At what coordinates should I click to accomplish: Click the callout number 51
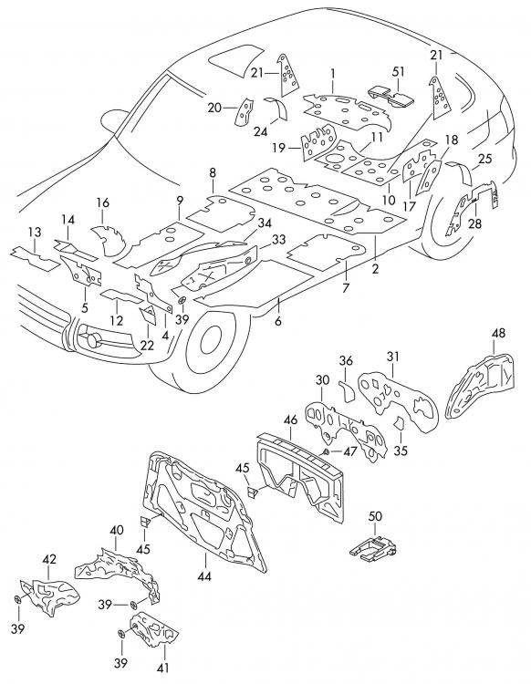pyautogui.click(x=399, y=71)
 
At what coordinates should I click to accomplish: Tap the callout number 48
pyautogui.click(x=498, y=333)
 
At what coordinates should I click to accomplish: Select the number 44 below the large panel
pyautogui.click(x=203, y=576)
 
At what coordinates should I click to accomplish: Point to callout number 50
pyautogui.click(x=375, y=516)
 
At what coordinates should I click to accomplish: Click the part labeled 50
pyautogui.click(x=373, y=546)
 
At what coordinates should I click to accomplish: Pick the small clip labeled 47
pyautogui.click(x=326, y=451)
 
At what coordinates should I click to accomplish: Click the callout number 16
pyautogui.click(x=102, y=202)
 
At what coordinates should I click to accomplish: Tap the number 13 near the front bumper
pyautogui.click(x=35, y=232)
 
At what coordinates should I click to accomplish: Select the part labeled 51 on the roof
pyautogui.click(x=391, y=97)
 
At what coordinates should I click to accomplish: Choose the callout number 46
pyautogui.click(x=290, y=420)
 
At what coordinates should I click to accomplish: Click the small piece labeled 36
pyautogui.click(x=348, y=391)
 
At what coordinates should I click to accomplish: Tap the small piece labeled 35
pyautogui.click(x=399, y=423)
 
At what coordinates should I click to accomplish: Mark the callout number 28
pyautogui.click(x=474, y=223)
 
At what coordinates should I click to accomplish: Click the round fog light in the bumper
pyautogui.click(x=92, y=339)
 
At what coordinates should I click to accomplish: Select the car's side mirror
pyautogui.click(x=114, y=119)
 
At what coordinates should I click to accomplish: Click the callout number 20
pyautogui.click(x=214, y=108)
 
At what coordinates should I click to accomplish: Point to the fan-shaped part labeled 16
pyautogui.click(x=108, y=240)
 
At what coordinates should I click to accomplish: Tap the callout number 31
pyautogui.click(x=392, y=357)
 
